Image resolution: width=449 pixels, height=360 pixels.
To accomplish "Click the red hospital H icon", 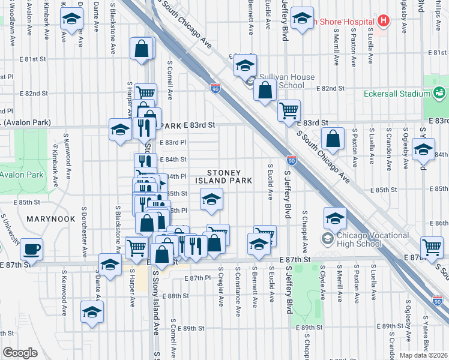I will tap(383, 20).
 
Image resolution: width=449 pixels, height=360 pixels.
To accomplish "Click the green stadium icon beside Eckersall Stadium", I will tap(439, 93).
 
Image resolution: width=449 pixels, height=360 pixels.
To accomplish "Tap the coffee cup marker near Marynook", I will tap(31, 249).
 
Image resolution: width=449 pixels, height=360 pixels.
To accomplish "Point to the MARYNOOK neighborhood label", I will tap(50, 220).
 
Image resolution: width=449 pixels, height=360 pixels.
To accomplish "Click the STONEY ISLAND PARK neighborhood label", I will tap(229, 176).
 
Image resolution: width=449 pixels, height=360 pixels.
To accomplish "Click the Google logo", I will tap(19, 352).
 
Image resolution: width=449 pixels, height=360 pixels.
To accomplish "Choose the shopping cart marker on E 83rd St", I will tap(289, 110).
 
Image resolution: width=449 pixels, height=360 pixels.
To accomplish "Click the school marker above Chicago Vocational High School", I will tap(336, 217).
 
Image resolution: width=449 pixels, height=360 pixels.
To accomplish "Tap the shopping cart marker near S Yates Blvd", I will tap(432, 246).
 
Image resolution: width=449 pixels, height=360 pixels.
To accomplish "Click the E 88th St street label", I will tap(178, 296).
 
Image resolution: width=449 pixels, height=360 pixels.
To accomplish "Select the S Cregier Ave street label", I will tap(221, 286).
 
